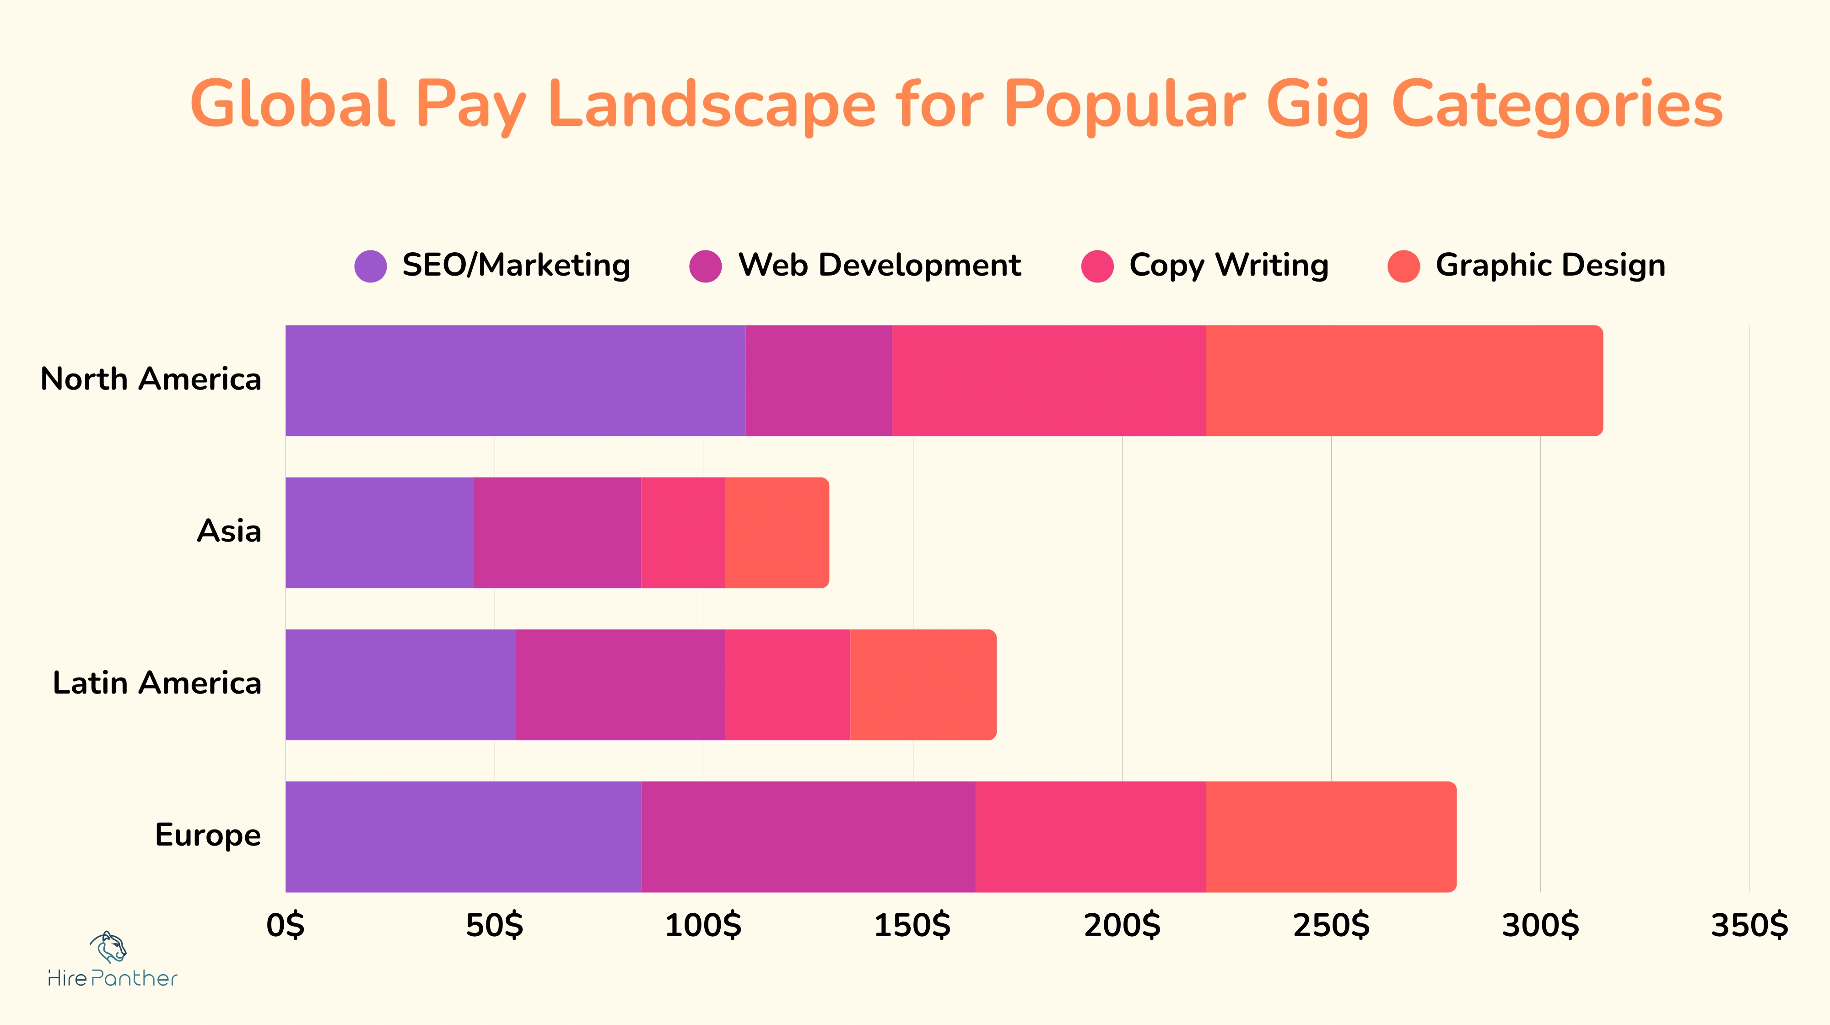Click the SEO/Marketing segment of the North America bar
pos(515,380)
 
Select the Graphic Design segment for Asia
pos(777,532)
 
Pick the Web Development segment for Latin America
pos(620,684)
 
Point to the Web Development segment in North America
pos(818,380)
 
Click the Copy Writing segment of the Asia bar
pos(683,532)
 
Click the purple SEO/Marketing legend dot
pos(370,266)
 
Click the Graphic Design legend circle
pos(1403,266)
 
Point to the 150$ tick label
pos(912,926)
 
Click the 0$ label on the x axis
pos(286,926)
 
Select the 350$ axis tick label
pos(1749,926)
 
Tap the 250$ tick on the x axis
pos(1331,926)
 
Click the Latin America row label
pos(157,683)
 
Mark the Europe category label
pos(207,835)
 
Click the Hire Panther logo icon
pos(108,946)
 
